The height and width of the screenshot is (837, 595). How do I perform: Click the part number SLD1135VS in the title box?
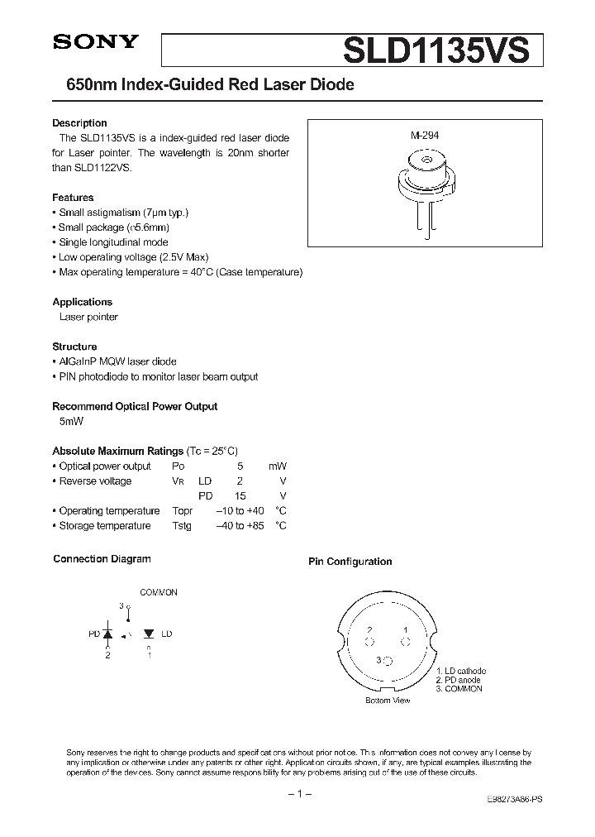point(436,50)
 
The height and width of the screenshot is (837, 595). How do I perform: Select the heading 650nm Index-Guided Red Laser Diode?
point(203,86)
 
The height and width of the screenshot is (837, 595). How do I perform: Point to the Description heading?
point(79,123)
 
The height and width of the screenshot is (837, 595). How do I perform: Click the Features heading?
point(73,198)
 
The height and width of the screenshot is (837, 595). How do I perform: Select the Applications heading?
point(82,302)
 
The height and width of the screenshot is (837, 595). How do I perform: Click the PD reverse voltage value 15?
point(240,495)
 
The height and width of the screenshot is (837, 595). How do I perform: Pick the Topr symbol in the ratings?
point(183,510)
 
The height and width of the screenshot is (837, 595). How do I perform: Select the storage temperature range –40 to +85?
point(240,525)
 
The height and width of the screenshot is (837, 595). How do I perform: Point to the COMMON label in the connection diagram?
point(159,592)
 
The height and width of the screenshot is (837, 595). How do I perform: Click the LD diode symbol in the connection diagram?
point(149,634)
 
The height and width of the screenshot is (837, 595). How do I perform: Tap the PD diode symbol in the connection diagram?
point(107,634)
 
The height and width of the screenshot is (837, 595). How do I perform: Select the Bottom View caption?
point(388,701)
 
